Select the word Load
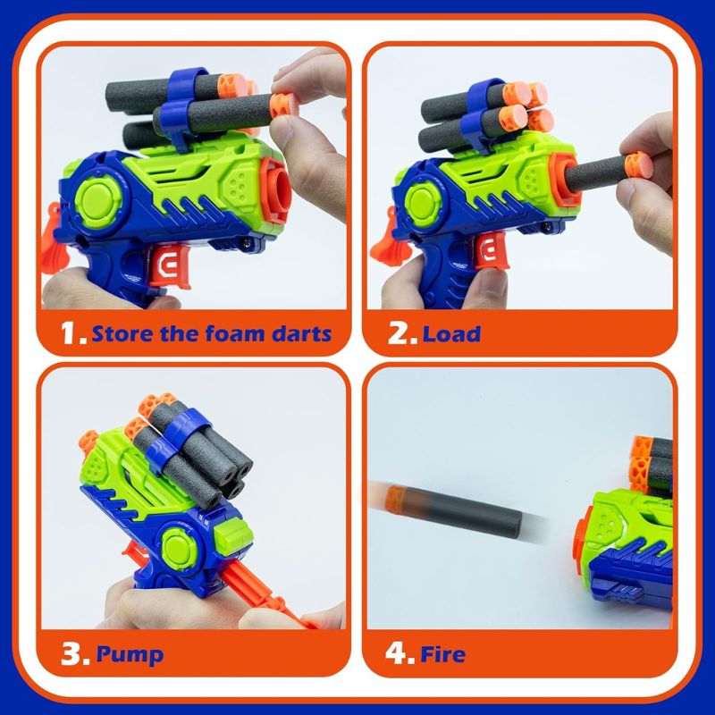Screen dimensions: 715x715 [451, 334]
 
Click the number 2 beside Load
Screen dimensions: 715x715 [400, 334]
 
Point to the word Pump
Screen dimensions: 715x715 [130, 654]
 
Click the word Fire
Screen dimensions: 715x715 [443, 654]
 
